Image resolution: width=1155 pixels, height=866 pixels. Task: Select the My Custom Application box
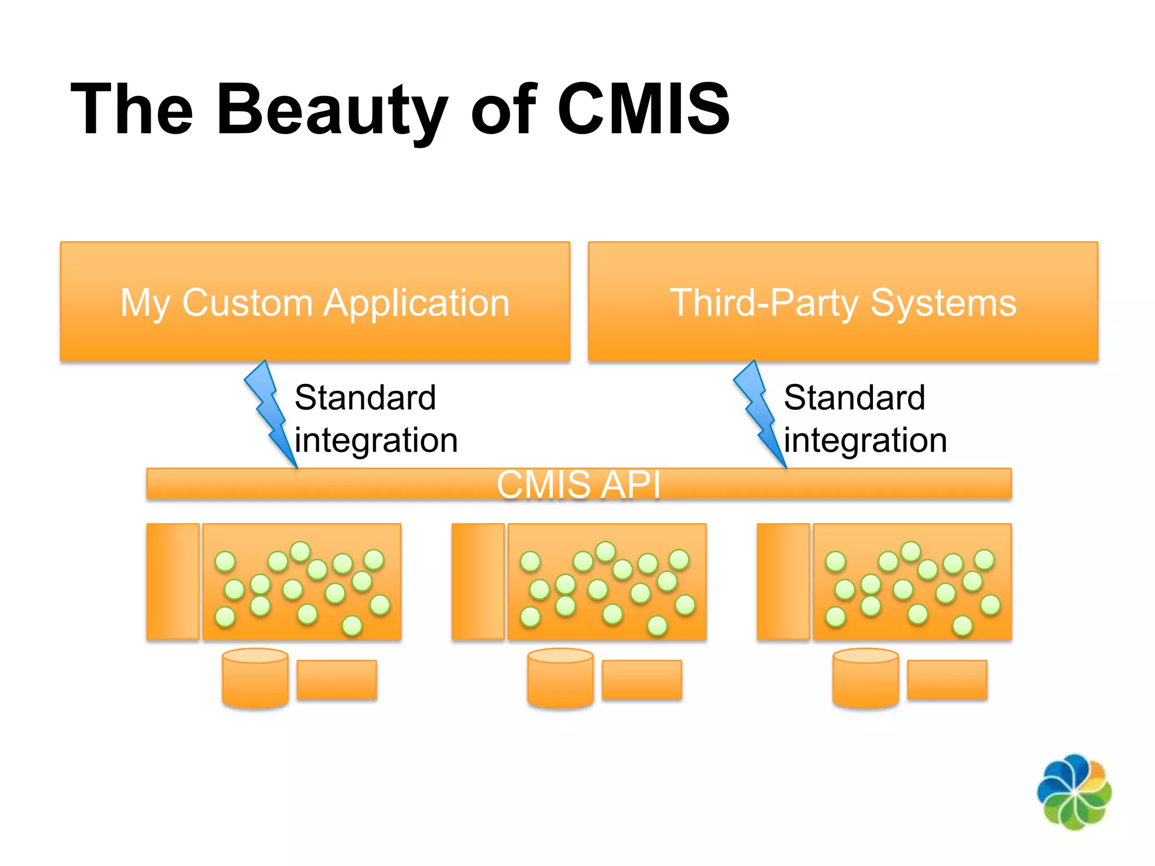pyautogui.click(x=315, y=302)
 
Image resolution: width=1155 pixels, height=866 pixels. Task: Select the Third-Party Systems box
pyautogui.click(x=843, y=302)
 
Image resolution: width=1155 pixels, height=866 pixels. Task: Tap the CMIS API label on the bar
pyautogui.click(x=578, y=484)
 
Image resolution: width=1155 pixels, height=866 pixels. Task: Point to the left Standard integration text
pyautogui.click(x=375, y=418)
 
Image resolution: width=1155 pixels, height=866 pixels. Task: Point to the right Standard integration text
pyautogui.click(x=865, y=418)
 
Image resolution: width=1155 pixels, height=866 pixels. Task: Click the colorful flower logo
pyautogui.click(x=1074, y=792)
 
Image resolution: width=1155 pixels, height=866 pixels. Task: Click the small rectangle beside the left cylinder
pyautogui.click(x=337, y=680)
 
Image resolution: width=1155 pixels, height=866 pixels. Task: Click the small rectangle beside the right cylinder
pyautogui.click(x=947, y=680)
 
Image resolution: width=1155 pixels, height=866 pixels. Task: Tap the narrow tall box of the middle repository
pyautogui.click(x=478, y=581)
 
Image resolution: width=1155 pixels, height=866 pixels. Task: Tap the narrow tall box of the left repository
pyautogui.click(x=173, y=581)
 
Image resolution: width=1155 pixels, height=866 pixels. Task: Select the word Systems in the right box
pyautogui.click(x=943, y=303)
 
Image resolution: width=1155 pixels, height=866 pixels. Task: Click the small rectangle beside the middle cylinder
pyautogui.click(x=642, y=680)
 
